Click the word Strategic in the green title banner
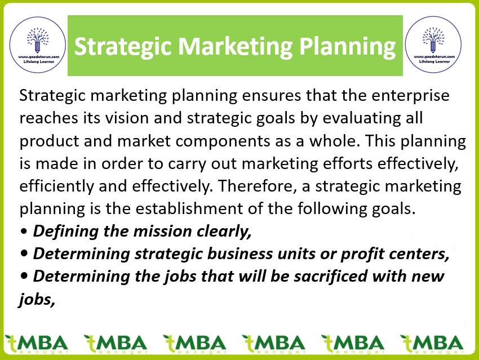tap(123, 47)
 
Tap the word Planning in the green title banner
tap(348, 47)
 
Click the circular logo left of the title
tap(38, 45)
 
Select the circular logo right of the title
tap(433, 45)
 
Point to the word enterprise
tap(410, 96)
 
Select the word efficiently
tap(57, 186)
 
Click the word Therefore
tap(258, 186)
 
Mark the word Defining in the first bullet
tap(66, 232)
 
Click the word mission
tap(162, 232)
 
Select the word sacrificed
tap(331, 277)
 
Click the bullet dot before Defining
tap(24, 232)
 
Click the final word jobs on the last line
tap(37, 300)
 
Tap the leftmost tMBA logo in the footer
tap(37, 344)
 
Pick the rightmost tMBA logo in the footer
tap(432, 344)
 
